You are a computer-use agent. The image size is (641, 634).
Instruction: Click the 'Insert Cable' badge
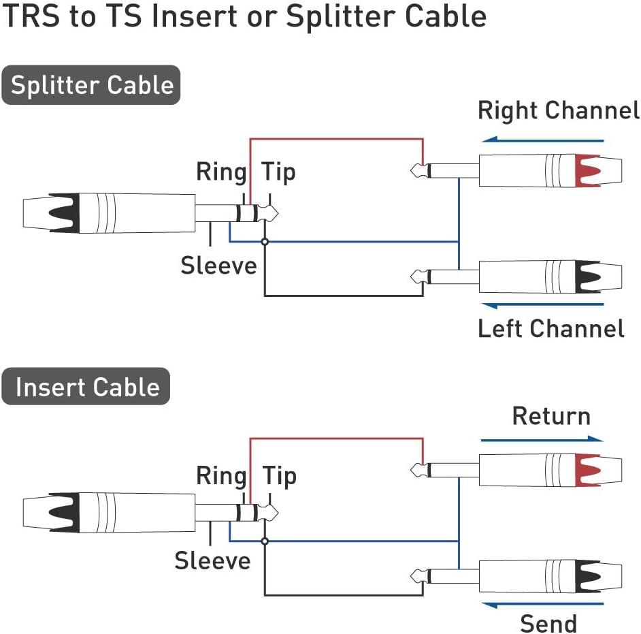tap(86, 387)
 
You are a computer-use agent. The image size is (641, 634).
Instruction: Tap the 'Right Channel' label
tap(558, 110)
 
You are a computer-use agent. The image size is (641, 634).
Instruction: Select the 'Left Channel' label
tap(550, 328)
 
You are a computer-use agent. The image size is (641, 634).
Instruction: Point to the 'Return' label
tap(550, 416)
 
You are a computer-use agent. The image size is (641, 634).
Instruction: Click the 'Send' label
tap(548, 622)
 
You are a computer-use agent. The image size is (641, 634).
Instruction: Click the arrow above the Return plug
tap(542, 439)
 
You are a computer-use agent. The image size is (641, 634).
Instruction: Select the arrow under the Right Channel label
tap(542, 140)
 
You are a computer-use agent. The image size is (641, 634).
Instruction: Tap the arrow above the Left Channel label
tap(542, 304)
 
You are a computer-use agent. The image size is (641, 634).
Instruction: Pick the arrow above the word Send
tap(542, 603)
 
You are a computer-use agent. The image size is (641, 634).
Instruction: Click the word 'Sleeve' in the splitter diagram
tap(218, 266)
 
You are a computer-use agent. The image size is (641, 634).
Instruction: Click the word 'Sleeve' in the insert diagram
tap(212, 561)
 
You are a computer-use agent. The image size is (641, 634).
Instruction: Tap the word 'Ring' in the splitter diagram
tap(220, 172)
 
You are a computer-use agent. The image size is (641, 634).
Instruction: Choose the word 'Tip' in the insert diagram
tap(279, 475)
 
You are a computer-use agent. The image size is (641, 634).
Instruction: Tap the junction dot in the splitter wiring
tap(265, 242)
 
